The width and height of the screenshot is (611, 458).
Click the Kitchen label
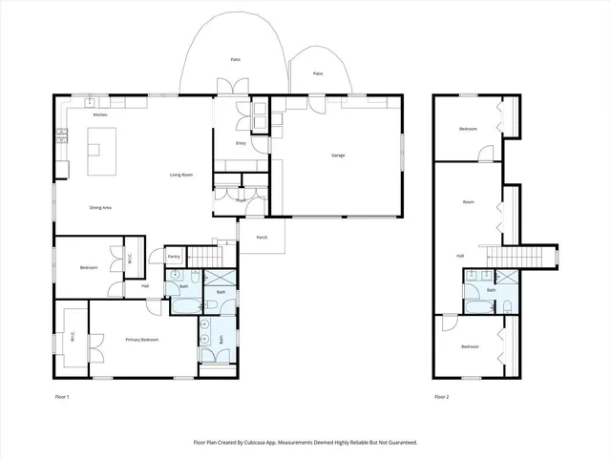100,114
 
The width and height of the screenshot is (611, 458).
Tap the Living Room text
181,175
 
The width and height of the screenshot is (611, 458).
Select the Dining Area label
102,208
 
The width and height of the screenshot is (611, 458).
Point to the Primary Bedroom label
141,340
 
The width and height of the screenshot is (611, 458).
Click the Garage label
338,156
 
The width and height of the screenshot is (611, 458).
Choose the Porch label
259,239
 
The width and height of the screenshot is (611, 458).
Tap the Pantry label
174,257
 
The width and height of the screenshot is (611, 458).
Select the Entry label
241,144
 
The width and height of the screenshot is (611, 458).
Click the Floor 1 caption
62,396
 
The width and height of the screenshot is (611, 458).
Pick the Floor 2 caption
441,396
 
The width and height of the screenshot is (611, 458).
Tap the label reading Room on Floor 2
468,202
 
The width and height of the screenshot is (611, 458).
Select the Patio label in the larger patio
235,60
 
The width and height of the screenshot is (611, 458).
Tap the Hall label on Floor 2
460,256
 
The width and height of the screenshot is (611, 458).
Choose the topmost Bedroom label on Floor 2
468,129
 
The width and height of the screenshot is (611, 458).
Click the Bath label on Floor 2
491,290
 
